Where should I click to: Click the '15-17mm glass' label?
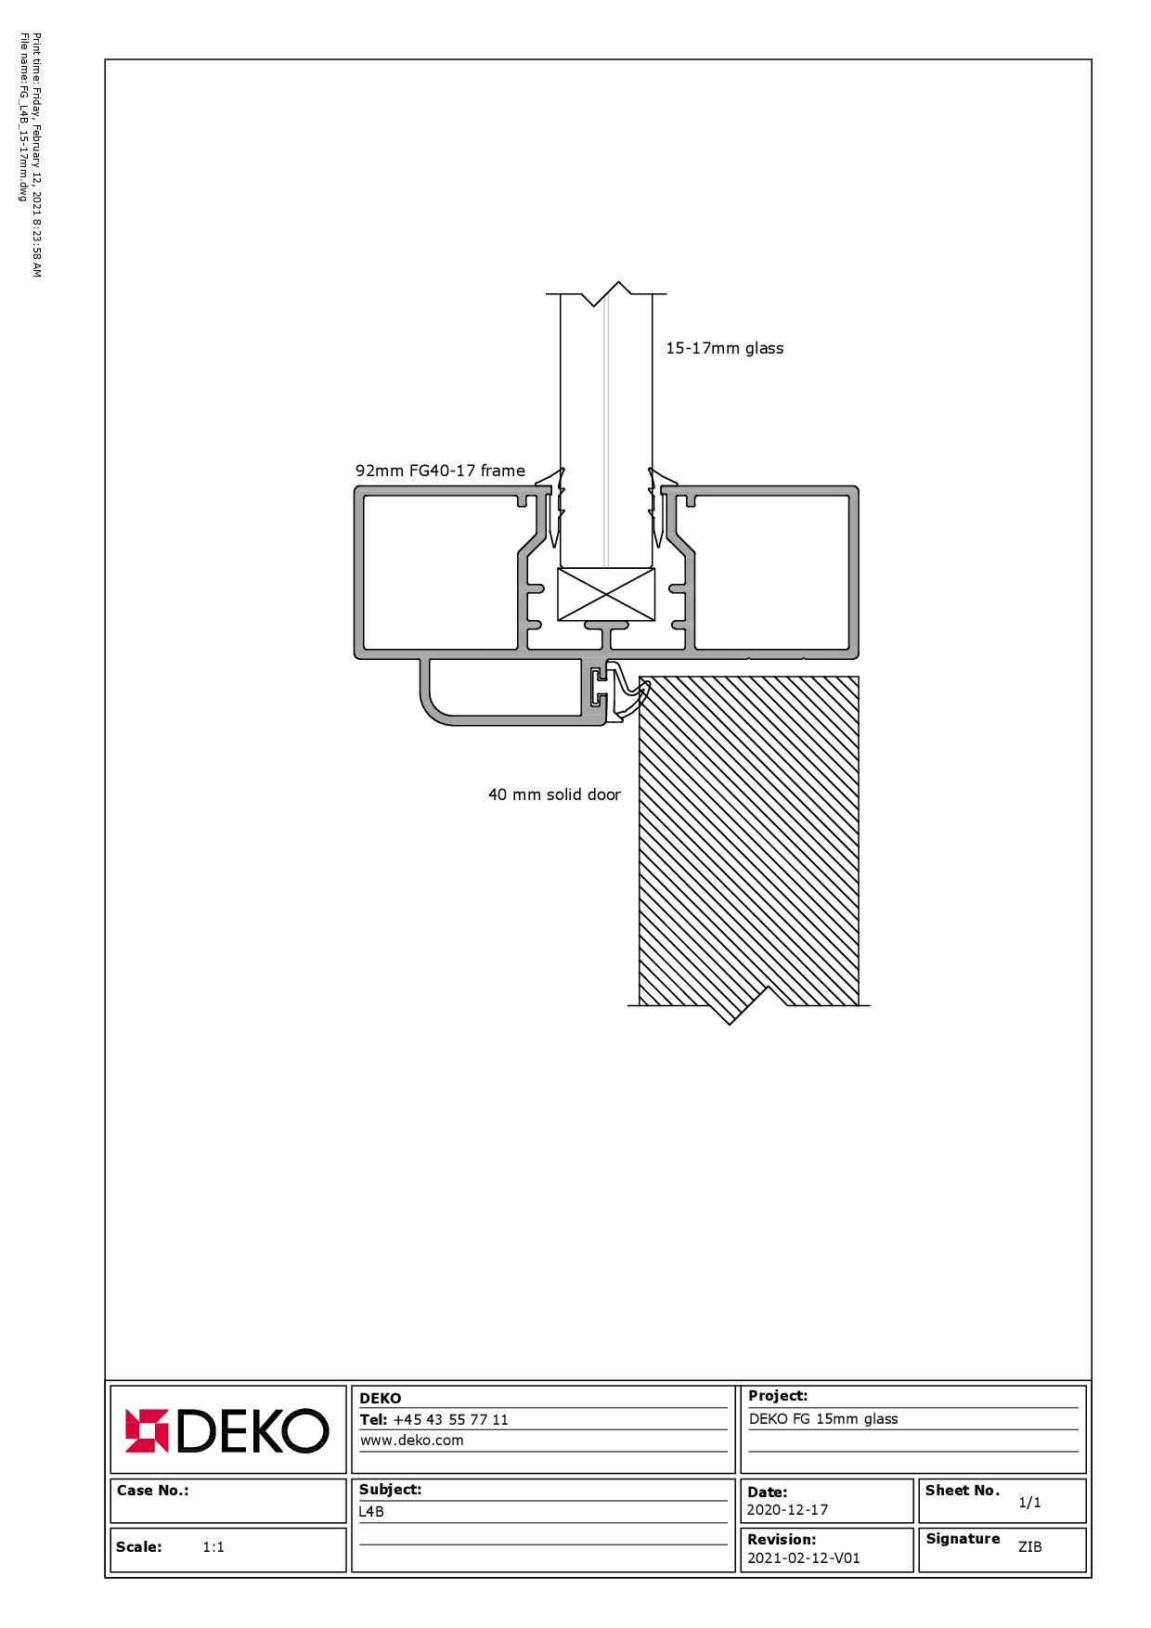point(724,348)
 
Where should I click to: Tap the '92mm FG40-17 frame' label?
point(440,471)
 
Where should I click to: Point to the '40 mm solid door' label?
point(554,795)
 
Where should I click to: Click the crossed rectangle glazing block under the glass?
point(606,594)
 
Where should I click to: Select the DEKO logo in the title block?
point(227,1430)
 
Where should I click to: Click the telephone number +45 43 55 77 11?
point(450,1420)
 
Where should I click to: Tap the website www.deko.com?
point(411,1441)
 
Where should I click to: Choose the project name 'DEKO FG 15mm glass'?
point(823,1419)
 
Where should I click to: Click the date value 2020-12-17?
point(787,1510)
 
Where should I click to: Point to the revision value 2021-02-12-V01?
point(804,1558)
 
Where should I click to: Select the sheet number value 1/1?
point(1029,1503)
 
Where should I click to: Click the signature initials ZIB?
point(1029,1547)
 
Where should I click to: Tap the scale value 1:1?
point(213,1547)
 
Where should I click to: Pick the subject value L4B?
point(371,1512)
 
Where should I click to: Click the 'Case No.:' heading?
point(152,1491)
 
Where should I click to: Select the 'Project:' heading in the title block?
point(778,1396)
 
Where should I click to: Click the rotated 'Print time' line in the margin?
point(37,155)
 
